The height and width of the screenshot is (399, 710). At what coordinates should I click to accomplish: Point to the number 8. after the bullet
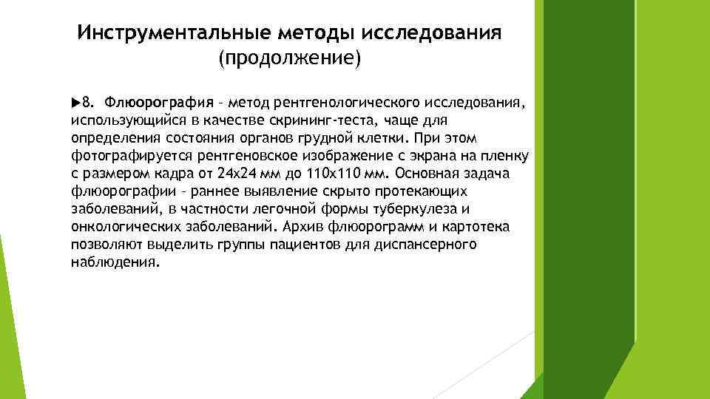click(88, 100)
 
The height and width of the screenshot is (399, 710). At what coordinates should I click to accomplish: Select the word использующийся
click(119, 120)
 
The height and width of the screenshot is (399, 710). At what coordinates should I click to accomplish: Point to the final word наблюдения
click(115, 262)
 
